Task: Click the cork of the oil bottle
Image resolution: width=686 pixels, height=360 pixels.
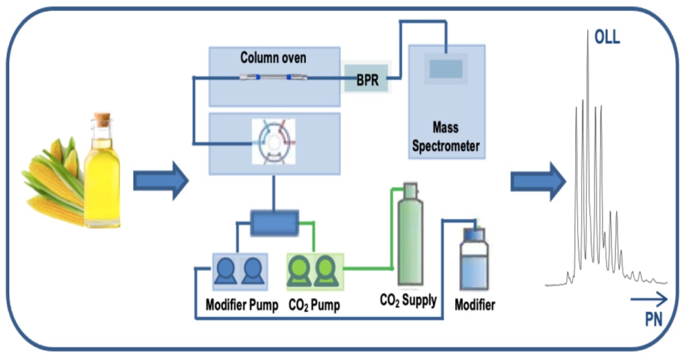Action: coord(102,119)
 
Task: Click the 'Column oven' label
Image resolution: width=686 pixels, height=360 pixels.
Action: coord(273,58)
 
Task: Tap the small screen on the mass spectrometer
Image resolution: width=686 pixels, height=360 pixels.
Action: coord(446,69)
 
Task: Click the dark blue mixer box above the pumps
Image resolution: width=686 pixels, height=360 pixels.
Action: coord(275,223)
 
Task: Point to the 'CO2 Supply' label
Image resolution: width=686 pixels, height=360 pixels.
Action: coord(408,300)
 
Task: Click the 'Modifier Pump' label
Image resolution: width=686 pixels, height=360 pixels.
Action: coord(242,306)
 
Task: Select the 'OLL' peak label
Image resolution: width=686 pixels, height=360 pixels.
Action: coord(607,38)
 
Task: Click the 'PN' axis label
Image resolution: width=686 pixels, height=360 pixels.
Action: coord(653,321)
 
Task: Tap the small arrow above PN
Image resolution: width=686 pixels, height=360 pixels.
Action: coord(649,299)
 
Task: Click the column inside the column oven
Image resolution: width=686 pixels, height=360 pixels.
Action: coord(273,77)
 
